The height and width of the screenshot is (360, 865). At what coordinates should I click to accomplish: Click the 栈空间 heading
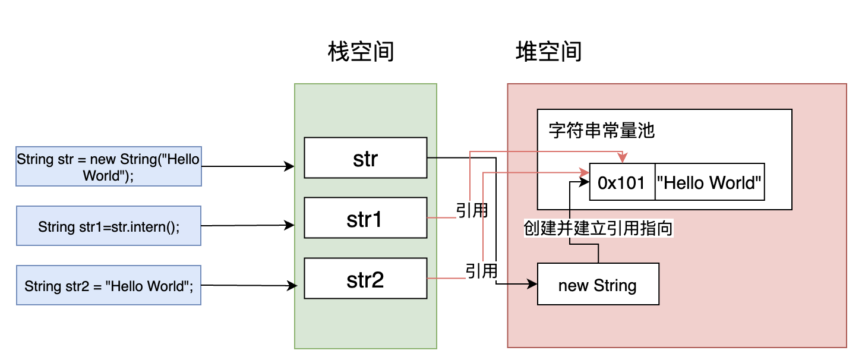[x=361, y=52]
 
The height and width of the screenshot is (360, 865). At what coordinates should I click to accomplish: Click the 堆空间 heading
[x=548, y=52]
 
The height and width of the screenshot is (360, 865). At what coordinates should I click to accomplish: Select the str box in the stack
[x=365, y=158]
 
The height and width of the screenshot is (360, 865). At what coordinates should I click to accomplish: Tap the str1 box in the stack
[x=365, y=219]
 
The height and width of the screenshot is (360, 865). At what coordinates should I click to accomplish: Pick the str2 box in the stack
[x=365, y=279]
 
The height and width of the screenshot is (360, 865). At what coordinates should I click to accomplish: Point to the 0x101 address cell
[x=621, y=183]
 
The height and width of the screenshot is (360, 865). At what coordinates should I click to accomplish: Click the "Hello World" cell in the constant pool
[x=709, y=183]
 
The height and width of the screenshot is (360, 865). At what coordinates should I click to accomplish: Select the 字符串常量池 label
[x=601, y=130]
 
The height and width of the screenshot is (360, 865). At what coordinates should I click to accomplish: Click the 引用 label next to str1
[x=472, y=211]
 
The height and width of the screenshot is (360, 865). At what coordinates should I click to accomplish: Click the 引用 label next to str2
[x=481, y=271]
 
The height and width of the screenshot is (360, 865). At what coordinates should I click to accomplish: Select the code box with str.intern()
[x=109, y=226]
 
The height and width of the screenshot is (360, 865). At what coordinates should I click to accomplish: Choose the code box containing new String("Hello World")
[x=109, y=167]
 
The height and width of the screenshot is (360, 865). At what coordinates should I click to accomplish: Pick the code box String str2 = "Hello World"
[x=109, y=286]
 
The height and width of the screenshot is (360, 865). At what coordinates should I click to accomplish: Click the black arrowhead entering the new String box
[x=532, y=285]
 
